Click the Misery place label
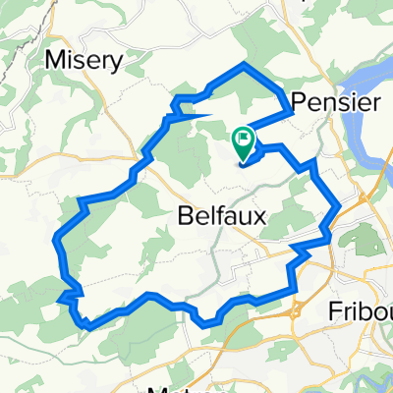84,60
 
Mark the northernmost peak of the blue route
244,65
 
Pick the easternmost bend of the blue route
339,206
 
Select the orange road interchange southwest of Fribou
295,312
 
